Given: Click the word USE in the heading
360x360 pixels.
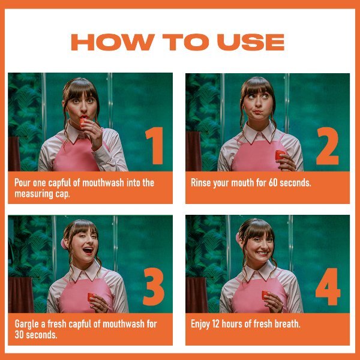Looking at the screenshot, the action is (x=251, y=42).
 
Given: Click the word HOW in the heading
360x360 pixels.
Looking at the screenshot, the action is (x=113, y=42).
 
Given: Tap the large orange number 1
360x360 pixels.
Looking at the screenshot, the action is (x=155, y=146).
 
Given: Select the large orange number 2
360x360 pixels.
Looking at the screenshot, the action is (x=328, y=146).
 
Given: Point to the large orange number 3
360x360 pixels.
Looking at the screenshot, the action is (x=154, y=286).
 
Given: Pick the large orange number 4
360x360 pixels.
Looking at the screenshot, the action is (x=328, y=286).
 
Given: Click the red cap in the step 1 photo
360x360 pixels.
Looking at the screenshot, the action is (x=83, y=122).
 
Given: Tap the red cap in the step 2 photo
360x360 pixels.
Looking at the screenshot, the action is (x=280, y=155).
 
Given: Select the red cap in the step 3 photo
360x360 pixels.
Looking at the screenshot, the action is (x=91, y=296).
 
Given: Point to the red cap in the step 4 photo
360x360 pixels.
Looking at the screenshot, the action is (x=265, y=295).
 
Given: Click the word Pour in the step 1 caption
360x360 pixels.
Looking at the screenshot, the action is (x=23, y=183).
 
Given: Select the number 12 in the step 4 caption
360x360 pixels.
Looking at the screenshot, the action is (x=215, y=324).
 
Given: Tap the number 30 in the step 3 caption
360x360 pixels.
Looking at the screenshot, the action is (x=19, y=335).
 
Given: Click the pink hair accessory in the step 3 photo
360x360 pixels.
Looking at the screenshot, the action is (x=64, y=244).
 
